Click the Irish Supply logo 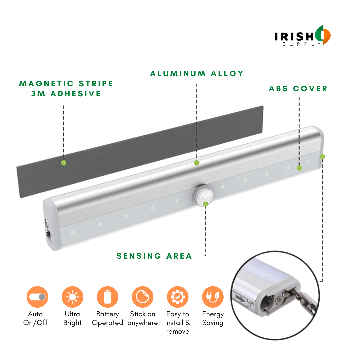[302, 36]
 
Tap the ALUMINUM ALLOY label [197, 74]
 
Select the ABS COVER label [298, 89]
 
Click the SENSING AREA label [154, 256]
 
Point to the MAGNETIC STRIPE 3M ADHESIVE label [66, 89]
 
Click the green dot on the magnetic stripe [64, 163]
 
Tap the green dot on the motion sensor [206, 204]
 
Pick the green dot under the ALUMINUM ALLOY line [197, 163]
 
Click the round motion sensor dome [203, 195]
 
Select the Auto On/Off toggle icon [37, 297]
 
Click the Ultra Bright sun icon [72, 297]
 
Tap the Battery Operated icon [107, 297]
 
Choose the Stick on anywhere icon [143, 297]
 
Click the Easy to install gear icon [178, 297]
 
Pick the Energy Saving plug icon [213, 297]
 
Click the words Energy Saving [213, 318]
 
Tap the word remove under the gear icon [178, 332]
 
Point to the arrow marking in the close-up [240, 298]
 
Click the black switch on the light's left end [48, 234]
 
